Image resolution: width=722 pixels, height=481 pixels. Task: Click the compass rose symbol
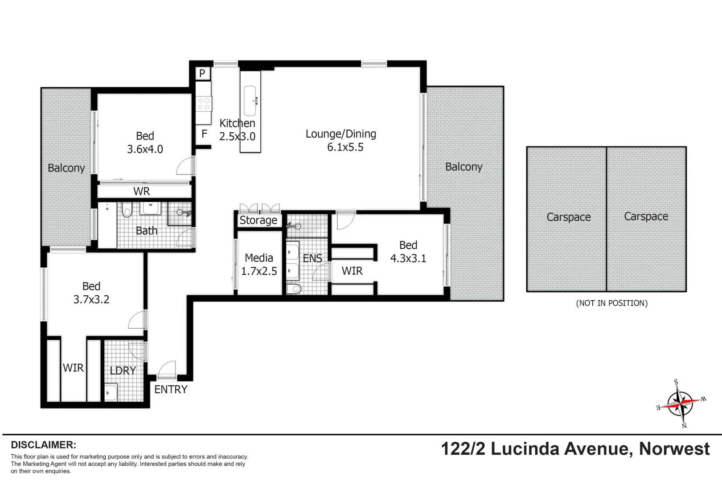tap(681, 404)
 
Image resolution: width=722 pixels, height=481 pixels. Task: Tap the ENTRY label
tap(171, 390)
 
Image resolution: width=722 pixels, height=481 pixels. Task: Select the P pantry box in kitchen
tap(202, 73)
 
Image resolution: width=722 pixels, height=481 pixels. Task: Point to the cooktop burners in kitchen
tap(204, 104)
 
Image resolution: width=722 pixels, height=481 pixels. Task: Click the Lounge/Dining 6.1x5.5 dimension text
tap(345, 147)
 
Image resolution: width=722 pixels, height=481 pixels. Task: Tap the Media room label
tap(259, 258)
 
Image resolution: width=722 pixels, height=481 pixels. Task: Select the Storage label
tap(258, 220)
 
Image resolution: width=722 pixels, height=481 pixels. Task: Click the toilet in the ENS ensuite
tap(294, 289)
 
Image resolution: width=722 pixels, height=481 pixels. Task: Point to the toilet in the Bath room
tap(127, 209)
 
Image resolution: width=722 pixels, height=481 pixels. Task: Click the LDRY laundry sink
tap(111, 392)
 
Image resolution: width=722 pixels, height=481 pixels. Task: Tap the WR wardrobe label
tap(142, 192)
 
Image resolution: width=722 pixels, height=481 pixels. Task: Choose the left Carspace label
tap(568, 217)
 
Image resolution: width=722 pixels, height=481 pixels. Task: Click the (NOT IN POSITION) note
tap(611, 303)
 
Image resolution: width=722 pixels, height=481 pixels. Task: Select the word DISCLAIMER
tap(43, 445)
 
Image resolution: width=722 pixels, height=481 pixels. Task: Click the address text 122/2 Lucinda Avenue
tap(535, 449)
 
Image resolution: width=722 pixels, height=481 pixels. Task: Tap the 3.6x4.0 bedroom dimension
tap(145, 149)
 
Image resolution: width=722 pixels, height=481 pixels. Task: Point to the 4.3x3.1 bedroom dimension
tap(408, 259)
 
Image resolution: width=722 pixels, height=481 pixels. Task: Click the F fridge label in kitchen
tap(204, 134)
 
